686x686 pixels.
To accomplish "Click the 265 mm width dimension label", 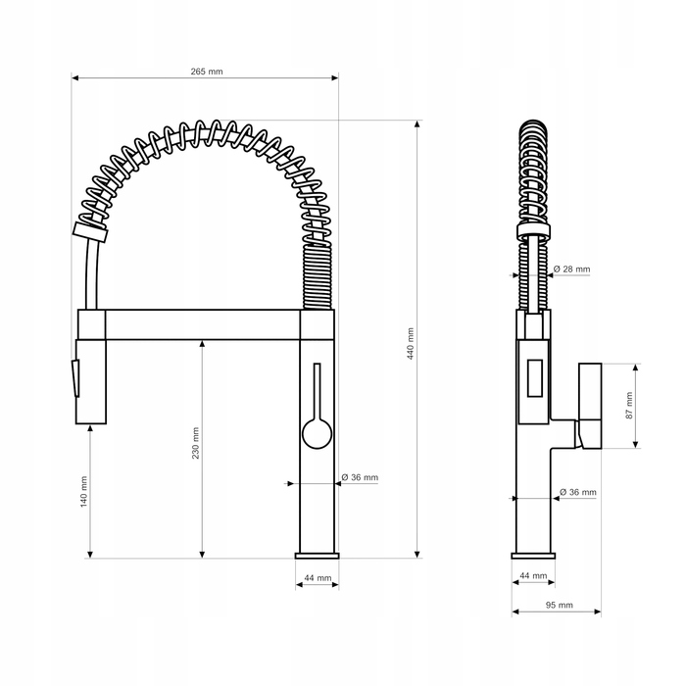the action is [207, 72].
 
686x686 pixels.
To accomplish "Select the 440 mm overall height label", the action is [411, 343].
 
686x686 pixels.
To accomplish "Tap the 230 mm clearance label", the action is [196, 443].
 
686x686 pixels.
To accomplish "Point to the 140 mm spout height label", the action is [84, 491].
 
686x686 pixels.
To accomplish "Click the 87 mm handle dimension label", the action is [629, 405].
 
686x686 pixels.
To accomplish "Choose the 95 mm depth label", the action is [560, 605].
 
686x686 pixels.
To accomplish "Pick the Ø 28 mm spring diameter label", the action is [571, 269].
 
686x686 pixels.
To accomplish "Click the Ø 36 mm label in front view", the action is [360, 477].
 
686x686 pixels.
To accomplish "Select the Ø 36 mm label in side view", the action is [577, 492].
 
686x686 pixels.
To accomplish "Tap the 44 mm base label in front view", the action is [318, 578].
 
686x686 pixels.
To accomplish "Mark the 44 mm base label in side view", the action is [533, 575].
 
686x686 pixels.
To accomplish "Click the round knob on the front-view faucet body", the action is [317, 433].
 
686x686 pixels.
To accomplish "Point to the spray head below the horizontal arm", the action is [91, 381].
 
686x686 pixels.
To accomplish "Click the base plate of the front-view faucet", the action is [318, 556].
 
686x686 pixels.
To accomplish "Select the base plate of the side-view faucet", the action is [533, 556].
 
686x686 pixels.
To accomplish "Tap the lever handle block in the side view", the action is [590, 406].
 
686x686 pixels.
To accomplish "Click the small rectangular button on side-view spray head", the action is [535, 378].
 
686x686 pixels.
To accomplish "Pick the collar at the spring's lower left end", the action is [90, 232].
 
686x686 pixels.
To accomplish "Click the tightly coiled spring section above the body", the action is [318, 277].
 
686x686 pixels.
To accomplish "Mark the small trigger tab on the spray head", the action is [75, 378].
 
